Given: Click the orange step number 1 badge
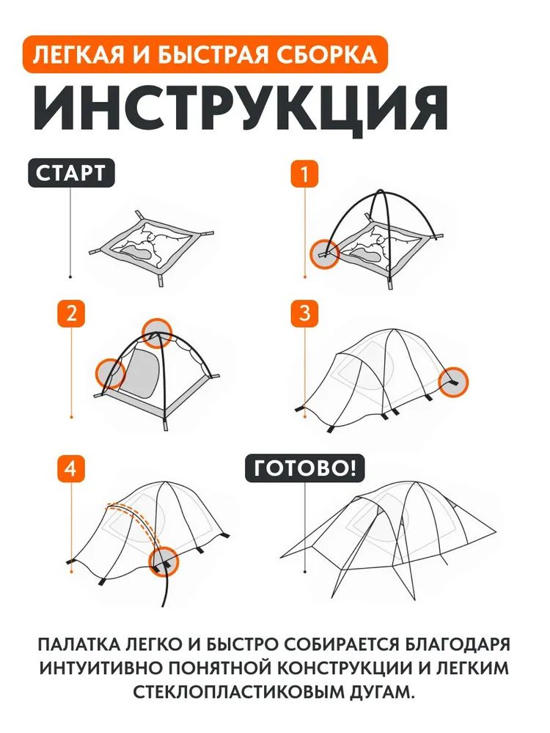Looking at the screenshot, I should pyautogui.click(x=305, y=175).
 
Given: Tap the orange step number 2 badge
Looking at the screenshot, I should pyautogui.click(x=70, y=313).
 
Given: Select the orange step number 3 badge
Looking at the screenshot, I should pyautogui.click(x=305, y=313).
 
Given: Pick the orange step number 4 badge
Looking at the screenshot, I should pyautogui.click(x=70, y=470).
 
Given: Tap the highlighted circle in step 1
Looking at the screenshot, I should pyautogui.click(x=324, y=254).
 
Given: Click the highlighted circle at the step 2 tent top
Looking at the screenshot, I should pyautogui.click(x=157, y=333).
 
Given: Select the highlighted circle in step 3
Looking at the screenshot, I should pyautogui.click(x=453, y=381).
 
